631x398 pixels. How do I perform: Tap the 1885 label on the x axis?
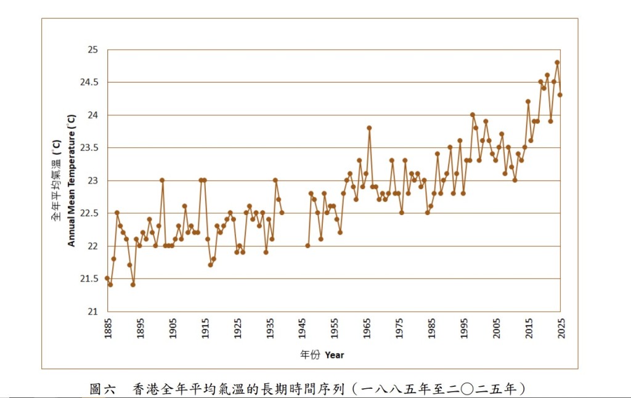[x=108, y=330]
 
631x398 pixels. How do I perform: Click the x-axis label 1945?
[x=302, y=330]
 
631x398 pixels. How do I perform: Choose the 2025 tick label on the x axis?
[x=561, y=330]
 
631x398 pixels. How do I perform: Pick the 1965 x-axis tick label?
[x=367, y=330]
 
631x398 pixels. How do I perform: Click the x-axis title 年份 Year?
[x=322, y=355]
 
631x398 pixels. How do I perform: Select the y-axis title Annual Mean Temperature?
[x=71, y=181]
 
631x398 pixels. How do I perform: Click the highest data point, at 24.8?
[x=557, y=62]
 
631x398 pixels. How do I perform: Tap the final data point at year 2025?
[x=560, y=95]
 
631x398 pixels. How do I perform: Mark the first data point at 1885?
[x=107, y=278]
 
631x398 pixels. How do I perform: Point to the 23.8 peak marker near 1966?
[x=369, y=128]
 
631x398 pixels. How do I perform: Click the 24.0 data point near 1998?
[x=473, y=115]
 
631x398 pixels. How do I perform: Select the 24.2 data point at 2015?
[x=528, y=102]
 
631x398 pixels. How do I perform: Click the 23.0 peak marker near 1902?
[x=162, y=181]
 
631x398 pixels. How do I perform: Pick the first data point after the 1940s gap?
[x=307, y=246]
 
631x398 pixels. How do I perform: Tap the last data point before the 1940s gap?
[x=282, y=213]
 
